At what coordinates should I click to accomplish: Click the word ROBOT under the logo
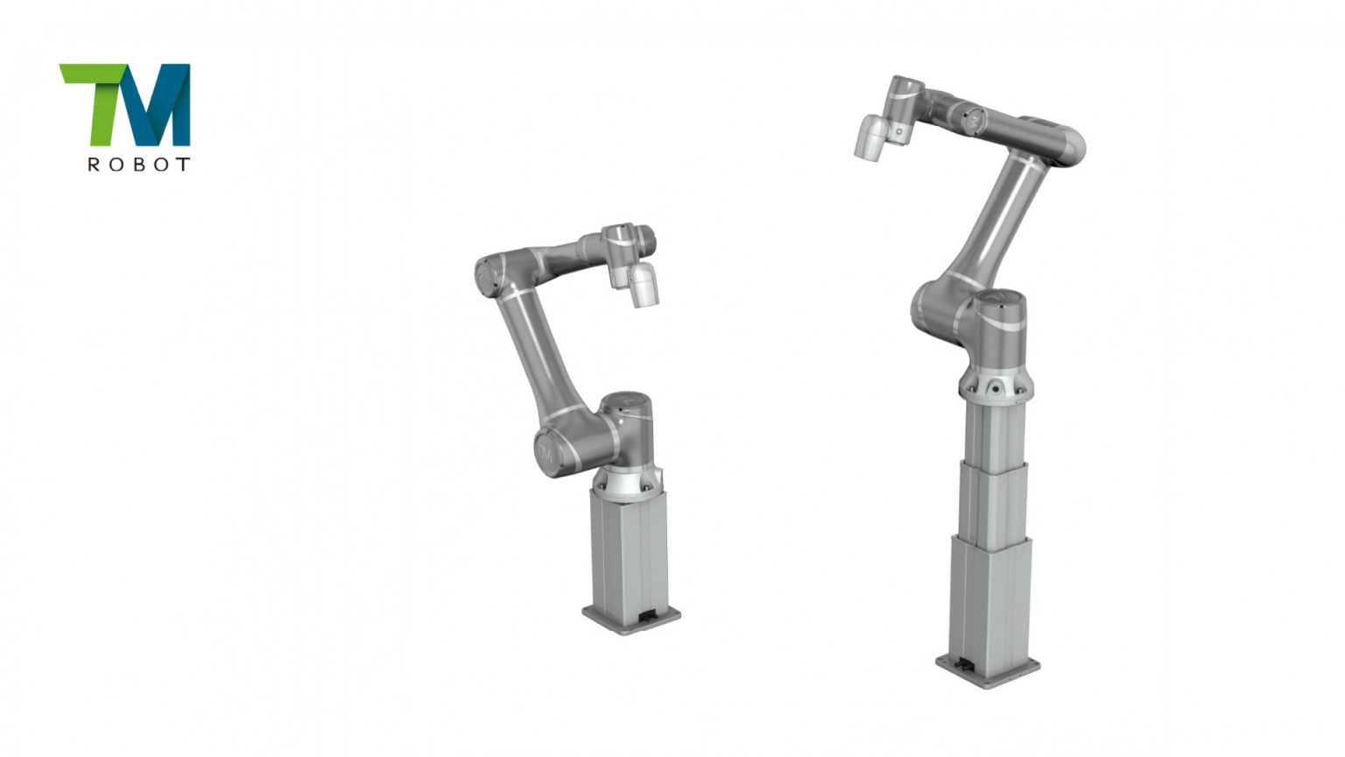138,164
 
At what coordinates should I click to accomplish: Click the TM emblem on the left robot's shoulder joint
546,452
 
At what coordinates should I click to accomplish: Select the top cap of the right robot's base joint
998,301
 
